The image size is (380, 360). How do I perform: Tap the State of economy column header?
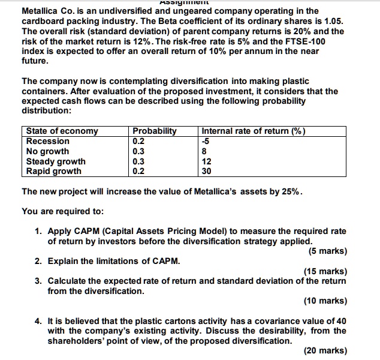[62, 131]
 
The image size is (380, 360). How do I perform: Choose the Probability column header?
[155, 131]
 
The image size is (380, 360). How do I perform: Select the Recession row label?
[48, 142]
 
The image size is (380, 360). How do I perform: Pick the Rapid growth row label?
[54, 171]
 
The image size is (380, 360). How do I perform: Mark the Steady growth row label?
[56, 161]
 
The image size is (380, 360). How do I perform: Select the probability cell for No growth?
[138, 151]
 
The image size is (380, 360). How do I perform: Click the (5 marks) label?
[327, 251]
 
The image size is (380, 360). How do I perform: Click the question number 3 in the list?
[38, 281]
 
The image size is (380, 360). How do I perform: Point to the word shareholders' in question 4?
[76, 341]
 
